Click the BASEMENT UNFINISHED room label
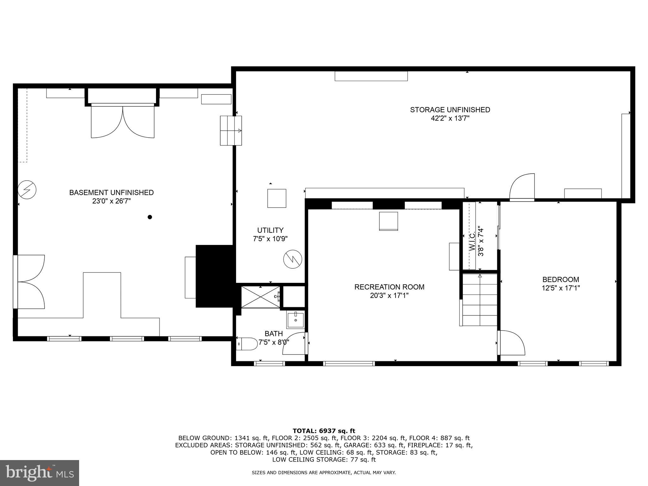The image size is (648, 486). pyautogui.click(x=111, y=192)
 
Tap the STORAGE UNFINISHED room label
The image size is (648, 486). pyautogui.click(x=450, y=110)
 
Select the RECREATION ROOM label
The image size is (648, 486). pyautogui.click(x=389, y=287)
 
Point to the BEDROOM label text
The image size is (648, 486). pyautogui.click(x=561, y=279)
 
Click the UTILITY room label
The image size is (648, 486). pyautogui.click(x=270, y=230)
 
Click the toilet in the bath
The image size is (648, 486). pyautogui.click(x=247, y=344)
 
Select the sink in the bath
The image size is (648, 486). pyautogui.click(x=295, y=320)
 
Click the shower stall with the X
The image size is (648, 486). pyautogui.click(x=260, y=296)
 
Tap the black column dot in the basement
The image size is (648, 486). pyautogui.click(x=150, y=217)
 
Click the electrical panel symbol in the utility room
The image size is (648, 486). pyautogui.click(x=293, y=259)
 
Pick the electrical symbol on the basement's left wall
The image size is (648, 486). pyautogui.click(x=27, y=190)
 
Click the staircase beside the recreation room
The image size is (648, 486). pyautogui.click(x=480, y=300)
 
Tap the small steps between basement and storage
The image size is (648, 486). pyautogui.click(x=231, y=131)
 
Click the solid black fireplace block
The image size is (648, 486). pyautogui.click(x=215, y=276)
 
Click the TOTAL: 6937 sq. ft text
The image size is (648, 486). pyautogui.click(x=324, y=431)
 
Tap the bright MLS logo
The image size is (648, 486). pyautogui.click(x=40, y=473)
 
